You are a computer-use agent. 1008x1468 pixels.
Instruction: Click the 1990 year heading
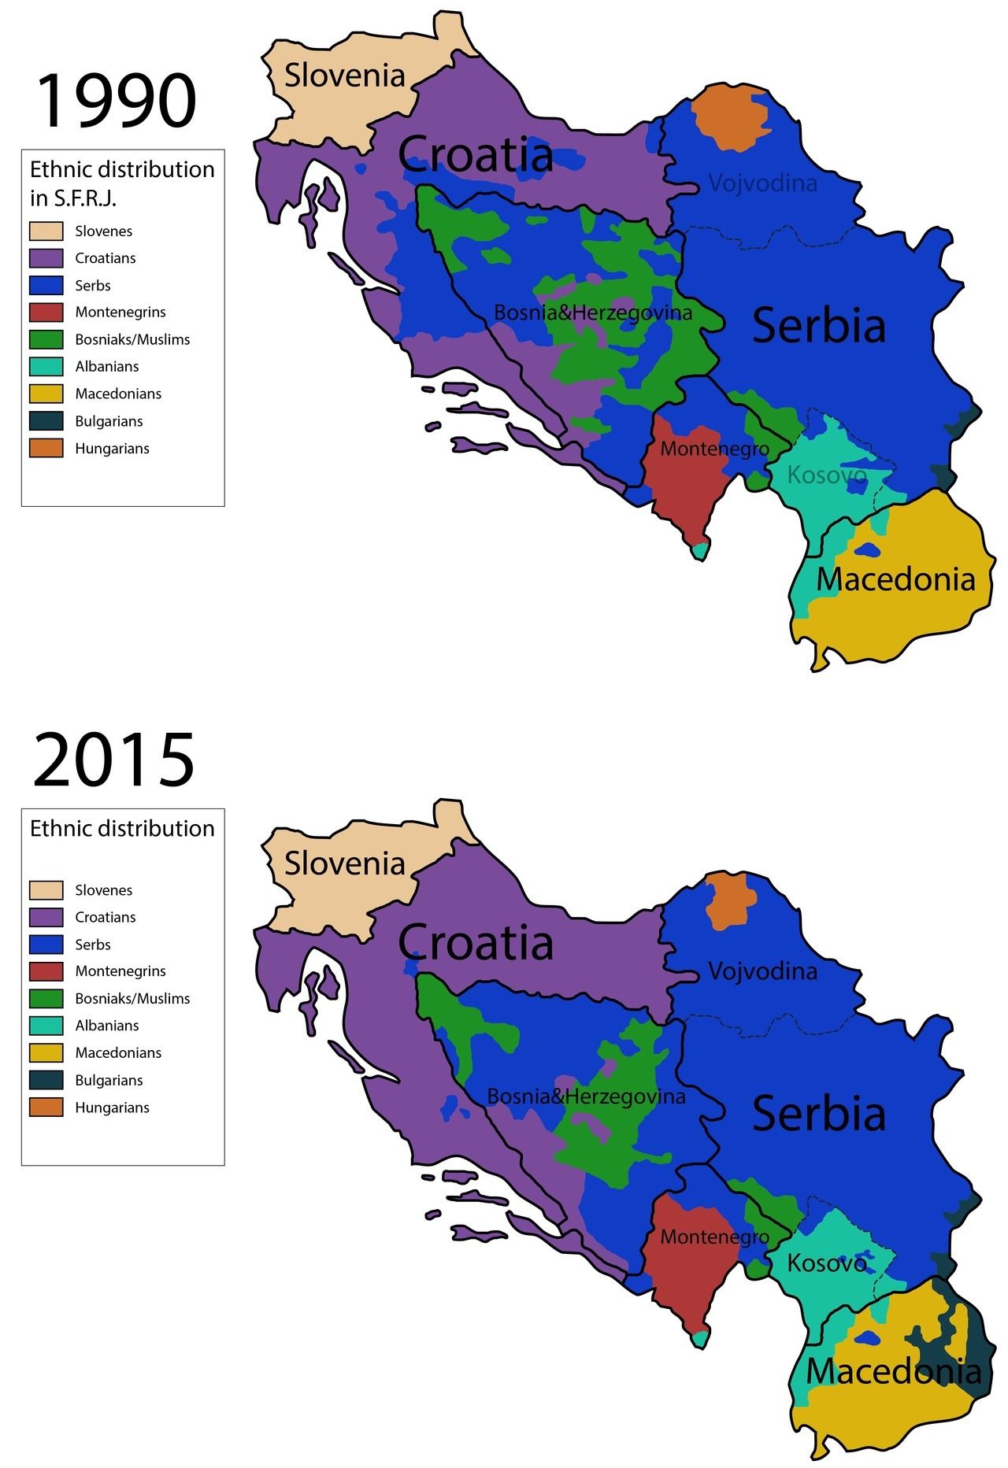115,101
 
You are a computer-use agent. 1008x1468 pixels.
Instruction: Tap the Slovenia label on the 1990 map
344,76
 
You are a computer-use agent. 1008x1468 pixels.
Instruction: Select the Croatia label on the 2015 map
475,942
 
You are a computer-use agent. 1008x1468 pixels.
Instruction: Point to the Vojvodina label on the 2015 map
762,971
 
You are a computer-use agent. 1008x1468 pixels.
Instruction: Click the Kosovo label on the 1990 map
826,475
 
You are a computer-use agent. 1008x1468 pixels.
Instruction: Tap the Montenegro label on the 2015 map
714,1237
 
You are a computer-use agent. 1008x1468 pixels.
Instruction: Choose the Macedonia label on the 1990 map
895,580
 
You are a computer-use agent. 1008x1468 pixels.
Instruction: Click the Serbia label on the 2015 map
819,1114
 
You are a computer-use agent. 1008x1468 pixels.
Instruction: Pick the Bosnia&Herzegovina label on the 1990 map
592,313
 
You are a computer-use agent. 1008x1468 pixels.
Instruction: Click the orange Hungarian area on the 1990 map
731,118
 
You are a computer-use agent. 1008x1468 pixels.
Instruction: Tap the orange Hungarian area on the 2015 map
730,902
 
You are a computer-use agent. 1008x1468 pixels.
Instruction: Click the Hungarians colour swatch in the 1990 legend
46,449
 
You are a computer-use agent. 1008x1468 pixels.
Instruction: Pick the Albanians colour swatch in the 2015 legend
46,1026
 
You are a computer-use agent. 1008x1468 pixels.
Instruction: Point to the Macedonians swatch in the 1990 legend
46,394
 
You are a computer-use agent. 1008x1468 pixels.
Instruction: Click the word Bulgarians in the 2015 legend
109,1081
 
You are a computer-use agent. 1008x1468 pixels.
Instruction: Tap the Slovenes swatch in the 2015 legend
46,890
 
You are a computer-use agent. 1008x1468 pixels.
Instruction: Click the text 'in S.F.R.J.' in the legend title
72,198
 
